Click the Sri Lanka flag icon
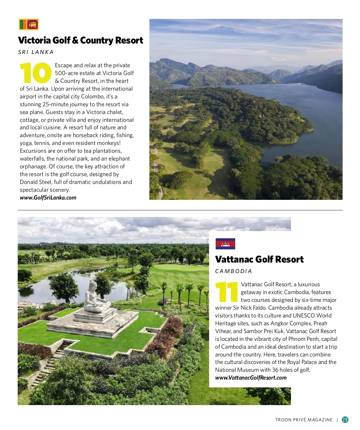pyautogui.click(x=29, y=25)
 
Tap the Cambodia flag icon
pyautogui.click(x=225, y=244)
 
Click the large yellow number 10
pyautogui.click(x=36, y=73)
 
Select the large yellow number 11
pyautogui.click(x=226, y=292)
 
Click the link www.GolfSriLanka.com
pyautogui.click(x=48, y=198)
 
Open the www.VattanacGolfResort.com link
pyautogui.click(x=251, y=378)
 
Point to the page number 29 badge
pyautogui.click(x=345, y=419)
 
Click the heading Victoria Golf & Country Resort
pyautogui.click(x=80, y=41)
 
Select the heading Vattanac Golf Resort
pyautogui.click(x=259, y=260)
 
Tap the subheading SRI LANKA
pyautogui.click(x=36, y=52)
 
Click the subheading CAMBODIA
pyautogui.click(x=233, y=271)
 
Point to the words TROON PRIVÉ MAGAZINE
pyautogui.click(x=304, y=420)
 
